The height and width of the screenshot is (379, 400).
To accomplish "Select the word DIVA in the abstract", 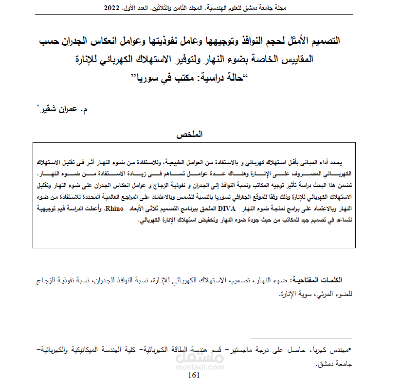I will pos(227,208).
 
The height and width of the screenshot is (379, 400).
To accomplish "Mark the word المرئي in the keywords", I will pos(316,294).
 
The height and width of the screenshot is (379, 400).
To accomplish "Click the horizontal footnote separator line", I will pos(302,339).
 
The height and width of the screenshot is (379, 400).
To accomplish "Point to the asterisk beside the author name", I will pos(38,106).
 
